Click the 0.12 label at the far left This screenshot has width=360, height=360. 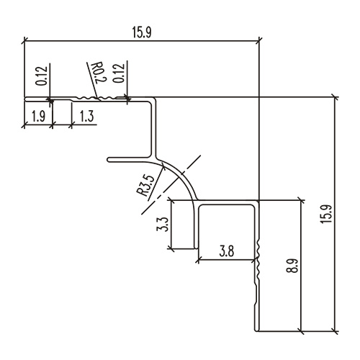point(40,76)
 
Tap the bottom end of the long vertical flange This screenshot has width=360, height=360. point(257,331)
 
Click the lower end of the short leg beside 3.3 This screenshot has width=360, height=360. point(198,247)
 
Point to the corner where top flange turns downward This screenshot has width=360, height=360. point(154,99)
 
